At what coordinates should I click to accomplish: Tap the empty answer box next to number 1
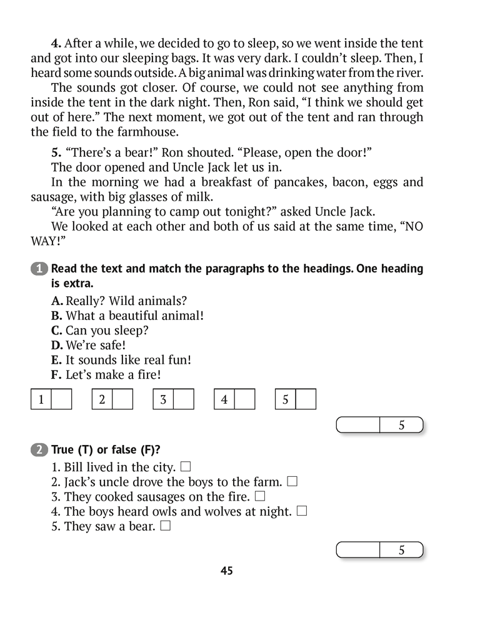(61, 399)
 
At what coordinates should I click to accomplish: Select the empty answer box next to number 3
(184, 399)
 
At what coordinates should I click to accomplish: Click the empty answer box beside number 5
(306, 399)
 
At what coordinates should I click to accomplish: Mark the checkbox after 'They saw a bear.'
(166, 526)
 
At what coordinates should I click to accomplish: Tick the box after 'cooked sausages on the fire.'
(260, 496)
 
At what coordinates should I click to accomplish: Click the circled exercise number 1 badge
(39, 269)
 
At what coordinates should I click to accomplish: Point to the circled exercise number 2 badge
(39, 449)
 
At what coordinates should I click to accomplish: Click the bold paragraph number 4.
(56, 44)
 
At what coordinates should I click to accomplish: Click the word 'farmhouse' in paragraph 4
(146, 132)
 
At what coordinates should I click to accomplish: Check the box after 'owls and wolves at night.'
(302, 511)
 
